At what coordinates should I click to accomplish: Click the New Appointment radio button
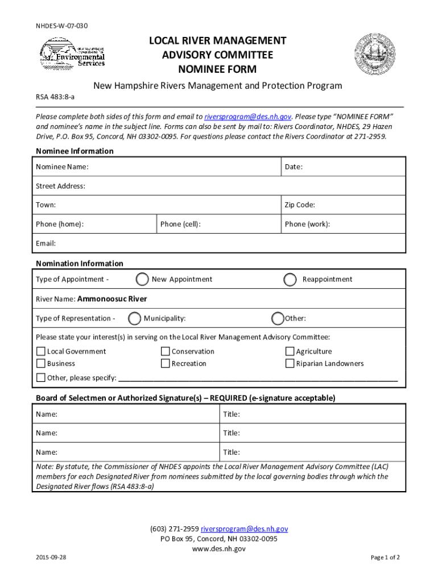[143, 280]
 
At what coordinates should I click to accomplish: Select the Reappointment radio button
[290, 280]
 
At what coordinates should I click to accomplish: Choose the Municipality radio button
[135, 319]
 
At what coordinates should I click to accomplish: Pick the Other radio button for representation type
[278, 319]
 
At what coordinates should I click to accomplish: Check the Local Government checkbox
[41, 352]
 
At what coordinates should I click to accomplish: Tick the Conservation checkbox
[166, 352]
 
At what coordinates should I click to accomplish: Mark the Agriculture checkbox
[290, 352]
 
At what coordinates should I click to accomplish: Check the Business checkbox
[41, 364]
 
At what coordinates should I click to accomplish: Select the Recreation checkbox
[166, 364]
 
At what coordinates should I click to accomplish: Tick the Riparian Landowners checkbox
[290, 364]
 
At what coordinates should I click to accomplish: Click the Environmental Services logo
[72, 55]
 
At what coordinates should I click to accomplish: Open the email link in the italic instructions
[248, 116]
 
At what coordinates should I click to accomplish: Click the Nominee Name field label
[62, 167]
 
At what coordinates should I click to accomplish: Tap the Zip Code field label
[300, 205]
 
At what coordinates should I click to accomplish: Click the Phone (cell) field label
[180, 224]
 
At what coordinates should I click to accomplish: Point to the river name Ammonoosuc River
[112, 299]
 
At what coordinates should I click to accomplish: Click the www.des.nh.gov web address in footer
[219, 549]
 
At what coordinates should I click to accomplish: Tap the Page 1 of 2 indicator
[385, 558]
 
